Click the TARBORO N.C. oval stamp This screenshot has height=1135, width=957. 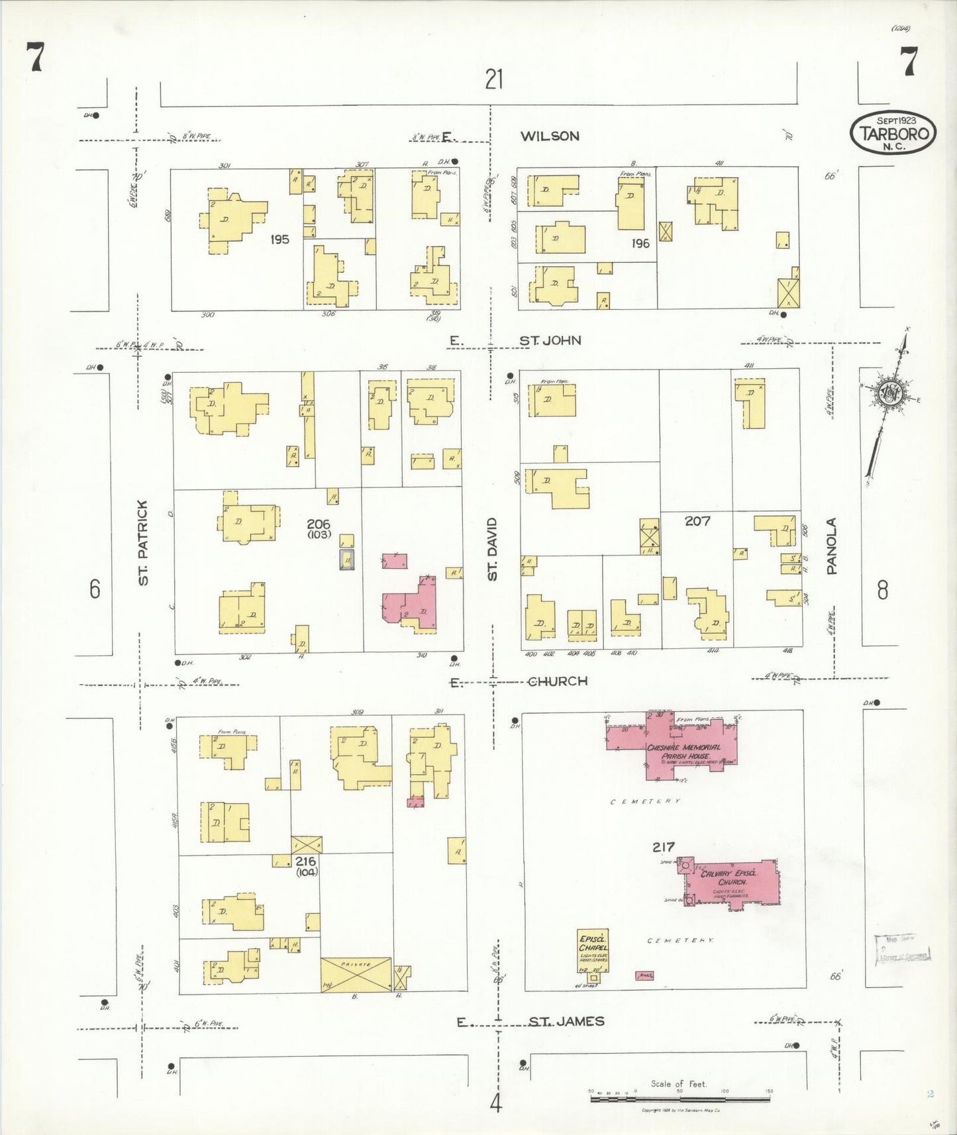coord(893,132)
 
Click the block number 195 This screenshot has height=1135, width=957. coord(279,239)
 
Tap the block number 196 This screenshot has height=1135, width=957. coord(640,243)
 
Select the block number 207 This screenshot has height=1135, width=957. coord(697,521)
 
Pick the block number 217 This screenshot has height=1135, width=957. coord(663,846)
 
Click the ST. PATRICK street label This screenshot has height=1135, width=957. coord(143,542)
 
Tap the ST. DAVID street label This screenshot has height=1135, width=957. coord(492,549)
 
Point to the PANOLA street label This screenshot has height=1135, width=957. coord(832,546)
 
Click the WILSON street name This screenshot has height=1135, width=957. coord(550,136)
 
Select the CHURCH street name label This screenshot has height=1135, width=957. coord(557,681)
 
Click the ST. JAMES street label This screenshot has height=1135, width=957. coord(566,1021)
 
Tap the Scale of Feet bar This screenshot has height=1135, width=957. coord(679,1099)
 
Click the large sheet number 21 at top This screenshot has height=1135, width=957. coord(494,79)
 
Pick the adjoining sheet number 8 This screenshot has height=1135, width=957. coord(882,589)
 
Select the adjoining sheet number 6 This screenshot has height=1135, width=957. coord(95,588)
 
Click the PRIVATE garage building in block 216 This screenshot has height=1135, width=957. coord(356,974)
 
